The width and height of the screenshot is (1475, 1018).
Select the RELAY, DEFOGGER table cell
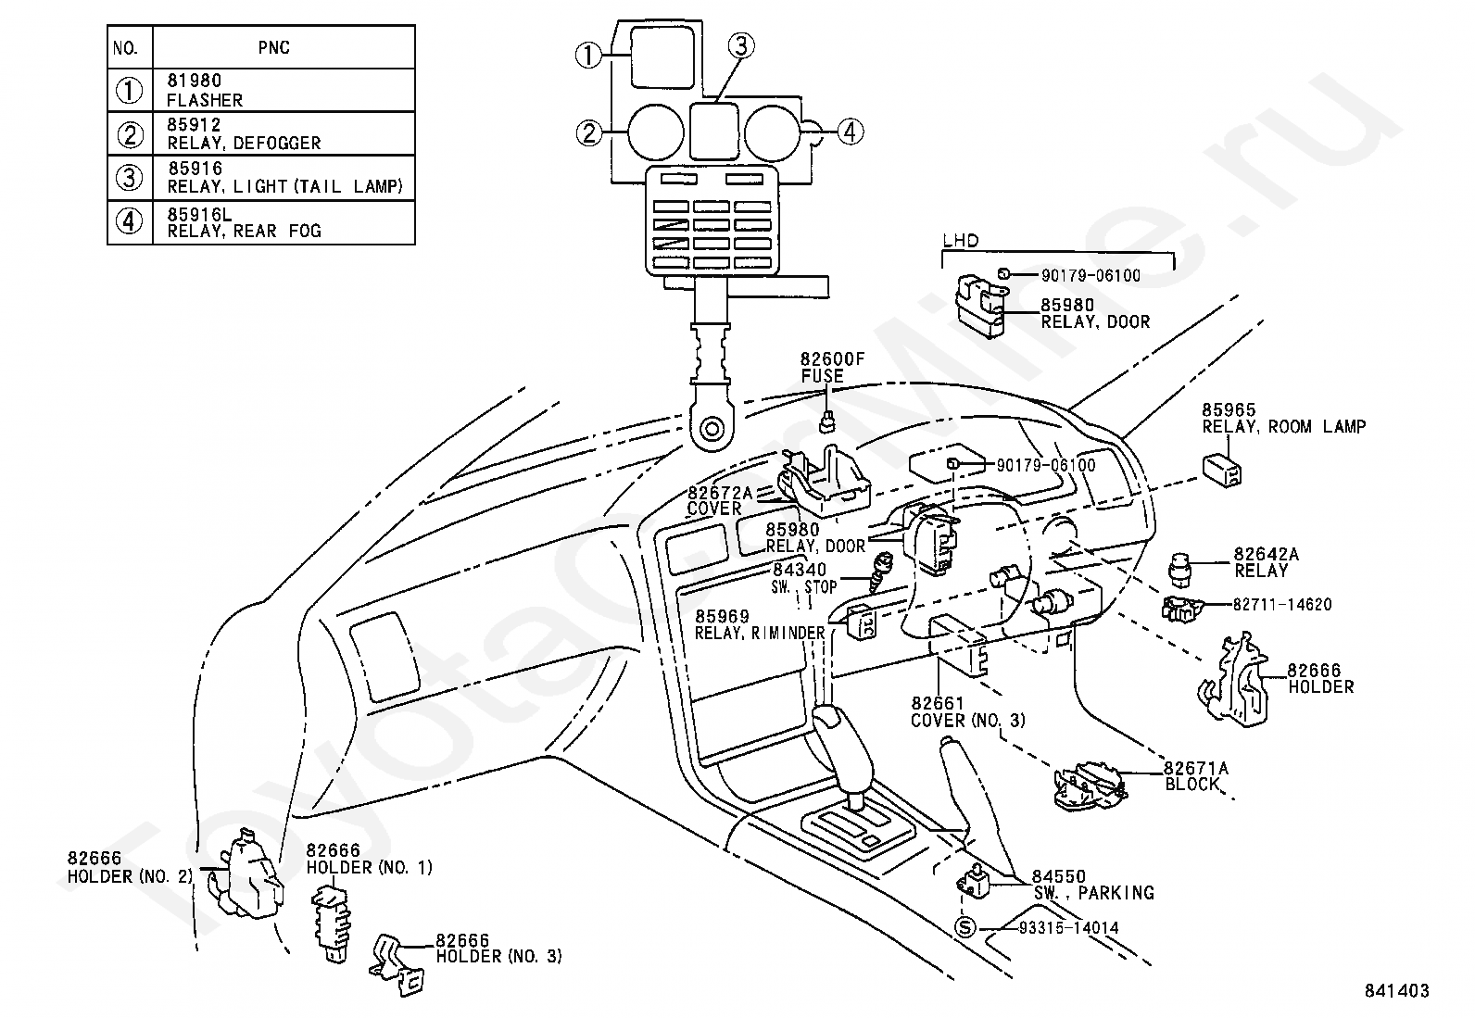[284, 133]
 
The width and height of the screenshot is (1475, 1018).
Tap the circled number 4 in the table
[129, 222]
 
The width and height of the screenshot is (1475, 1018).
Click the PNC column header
[274, 47]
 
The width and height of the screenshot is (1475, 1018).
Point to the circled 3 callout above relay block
[741, 46]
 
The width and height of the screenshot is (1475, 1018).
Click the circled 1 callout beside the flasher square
[588, 56]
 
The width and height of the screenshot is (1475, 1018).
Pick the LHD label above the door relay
[961, 240]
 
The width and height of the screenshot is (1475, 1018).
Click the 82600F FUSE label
[832, 368]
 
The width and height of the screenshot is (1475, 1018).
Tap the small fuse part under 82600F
[827, 421]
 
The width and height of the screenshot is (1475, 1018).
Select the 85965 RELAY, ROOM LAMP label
[1283, 418]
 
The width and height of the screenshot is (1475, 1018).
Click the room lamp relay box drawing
[1222, 471]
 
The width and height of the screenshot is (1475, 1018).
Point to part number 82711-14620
[1282, 604]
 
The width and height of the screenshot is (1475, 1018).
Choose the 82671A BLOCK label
[1196, 775]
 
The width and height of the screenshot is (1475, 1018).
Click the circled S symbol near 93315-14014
[964, 928]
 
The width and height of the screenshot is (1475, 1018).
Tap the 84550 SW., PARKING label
[1092, 885]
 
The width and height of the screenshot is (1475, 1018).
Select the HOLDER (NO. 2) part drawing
[248, 873]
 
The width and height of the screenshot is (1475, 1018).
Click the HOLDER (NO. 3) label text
[498, 956]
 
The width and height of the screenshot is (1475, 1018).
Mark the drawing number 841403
[1396, 990]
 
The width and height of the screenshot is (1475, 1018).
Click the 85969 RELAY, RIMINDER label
[759, 624]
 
